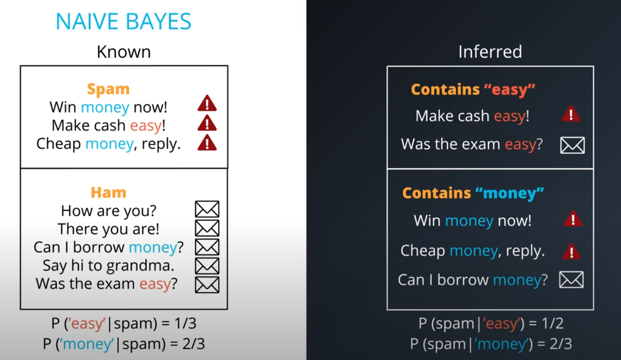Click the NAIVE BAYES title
click(x=124, y=22)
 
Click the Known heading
click(x=124, y=51)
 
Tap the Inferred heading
click(x=490, y=51)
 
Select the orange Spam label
click(x=108, y=89)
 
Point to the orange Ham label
click(x=108, y=192)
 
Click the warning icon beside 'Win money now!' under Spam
click(x=207, y=103)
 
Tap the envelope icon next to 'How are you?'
click(x=207, y=209)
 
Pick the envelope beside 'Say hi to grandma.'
click(x=207, y=266)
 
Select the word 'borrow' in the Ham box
click(x=99, y=247)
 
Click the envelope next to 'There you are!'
click(x=207, y=228)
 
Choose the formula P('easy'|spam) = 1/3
click(x=124, y=324)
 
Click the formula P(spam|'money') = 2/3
click(x=491, y=343)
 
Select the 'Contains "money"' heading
click(x=473, y=193)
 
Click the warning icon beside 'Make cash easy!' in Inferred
click(x=571, y=114)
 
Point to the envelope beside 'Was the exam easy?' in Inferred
click(x=572, y=145)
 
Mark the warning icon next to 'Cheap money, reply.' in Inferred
click(x=571, y=251)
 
